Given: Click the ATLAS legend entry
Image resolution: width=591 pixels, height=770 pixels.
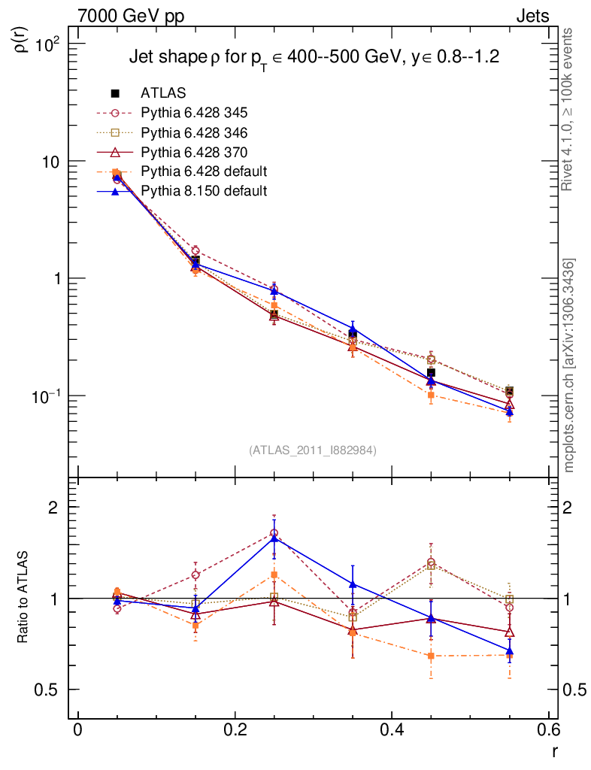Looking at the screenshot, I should pyautogui.click(x=163, y=93).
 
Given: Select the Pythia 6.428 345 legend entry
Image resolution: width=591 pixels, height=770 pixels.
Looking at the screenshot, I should pyautogui.click(x=193, y=113).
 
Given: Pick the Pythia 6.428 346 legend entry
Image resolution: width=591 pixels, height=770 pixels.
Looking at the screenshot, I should pyautogui.click(x=193, y=132).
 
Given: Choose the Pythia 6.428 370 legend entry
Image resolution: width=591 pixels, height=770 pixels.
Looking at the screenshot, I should pyautogui.click(x=193, y=152).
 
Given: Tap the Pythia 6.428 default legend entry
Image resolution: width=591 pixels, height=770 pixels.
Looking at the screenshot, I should pyautogui.click(x=204, y=171).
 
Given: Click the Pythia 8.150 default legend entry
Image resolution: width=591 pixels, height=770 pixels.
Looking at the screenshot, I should pyautogui.click(x=204, y=191).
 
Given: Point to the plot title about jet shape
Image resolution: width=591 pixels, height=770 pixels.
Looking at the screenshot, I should pyautogui.click(x=314, y=57).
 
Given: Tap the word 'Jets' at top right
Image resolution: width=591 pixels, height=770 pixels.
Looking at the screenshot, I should pyautogui.click(x=532, y=16).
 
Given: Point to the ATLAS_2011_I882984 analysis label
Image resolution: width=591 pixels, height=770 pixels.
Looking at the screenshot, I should pyautogui.click(x=312, y=450).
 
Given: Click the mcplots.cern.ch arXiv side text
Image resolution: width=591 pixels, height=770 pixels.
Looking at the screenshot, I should pyautogui.click(x=569, y=365).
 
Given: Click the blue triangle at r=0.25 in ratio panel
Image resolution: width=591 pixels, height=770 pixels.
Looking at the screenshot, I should pyautogui.click(x=274, y=538).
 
